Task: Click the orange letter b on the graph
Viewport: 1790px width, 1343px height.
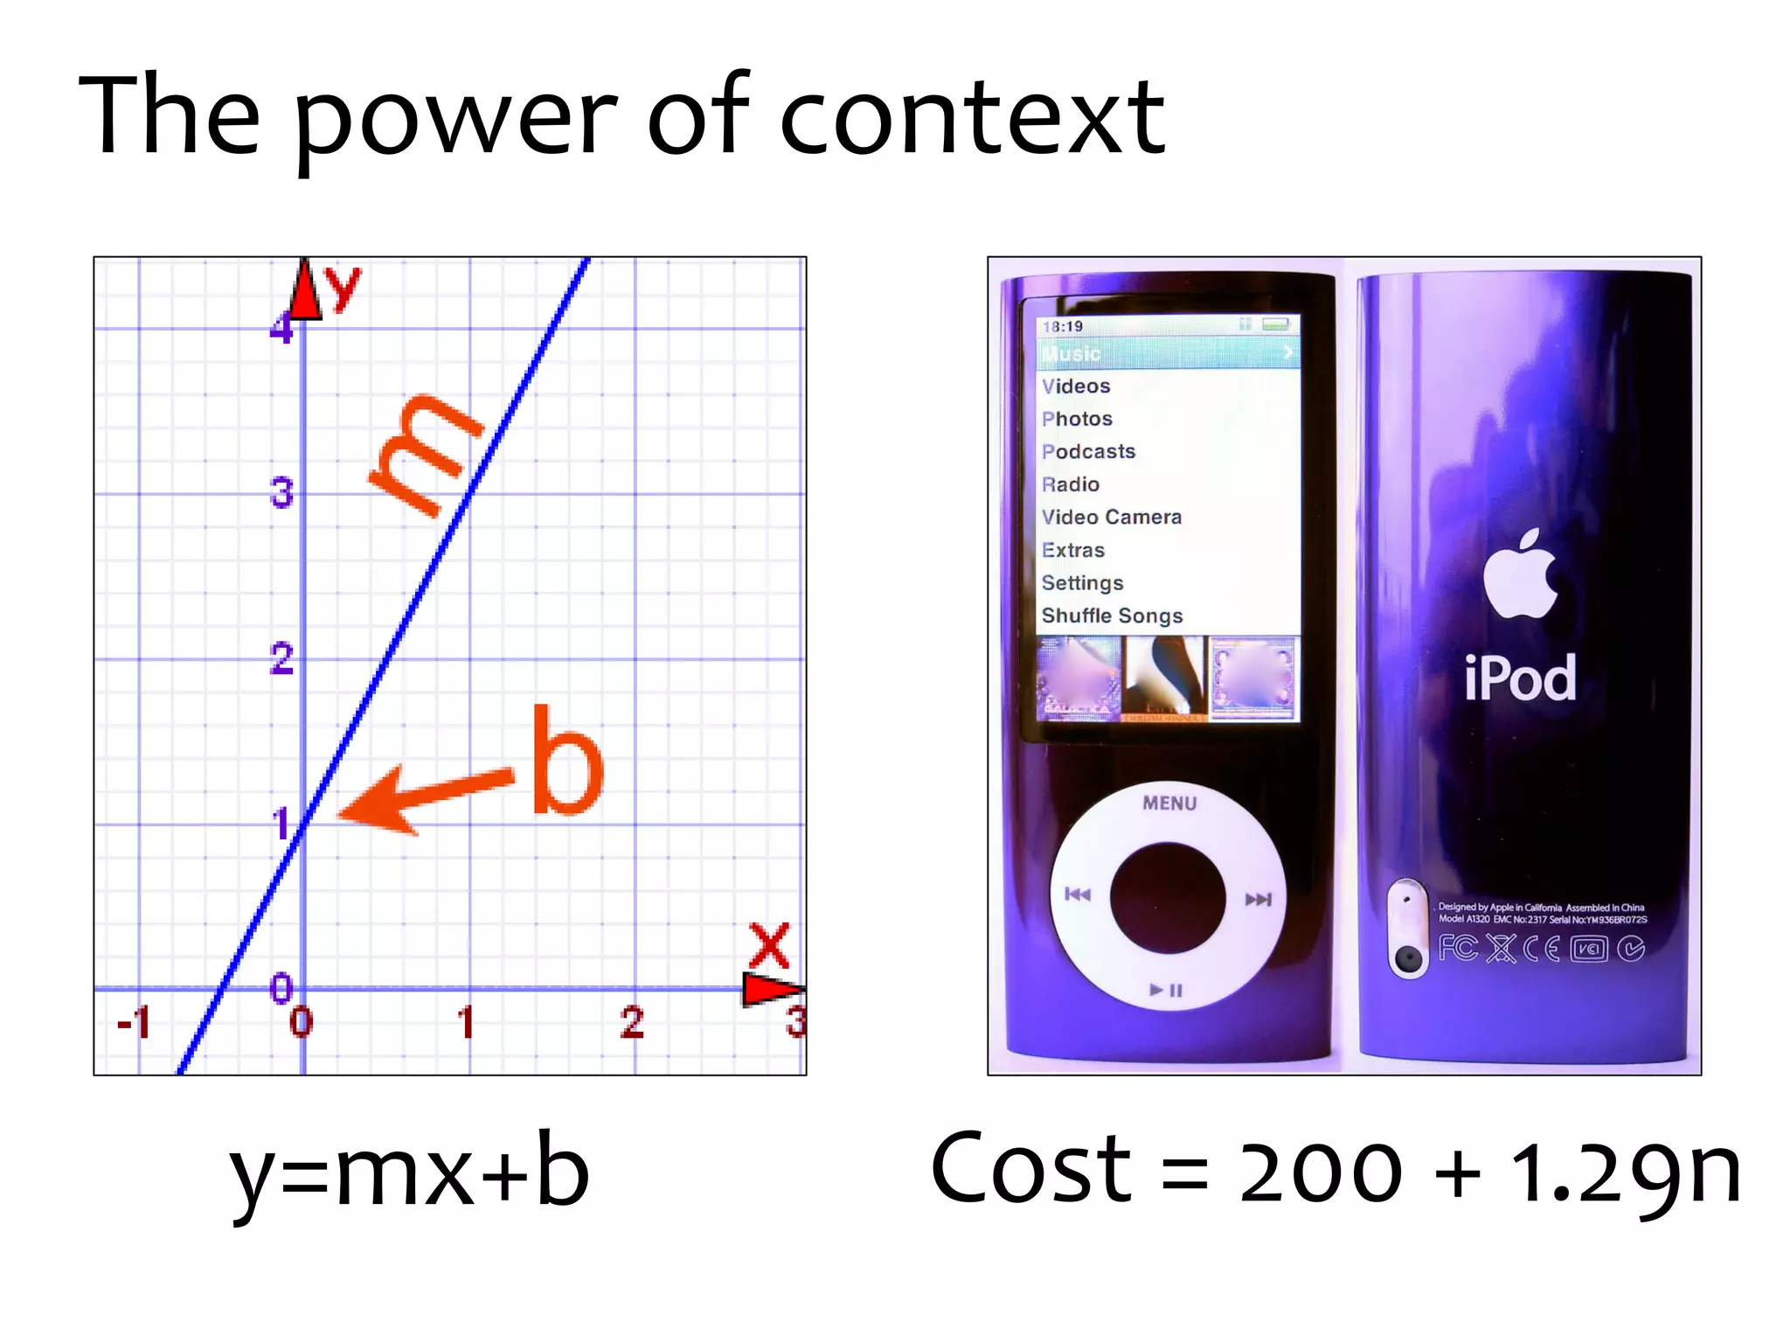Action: coord(566,761)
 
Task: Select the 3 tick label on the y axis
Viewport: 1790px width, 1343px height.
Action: coord(281,493)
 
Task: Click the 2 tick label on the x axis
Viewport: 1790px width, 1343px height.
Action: coord(632,1022)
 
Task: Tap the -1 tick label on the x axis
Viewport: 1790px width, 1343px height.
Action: coord(135,1021)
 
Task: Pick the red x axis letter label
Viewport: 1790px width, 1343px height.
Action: coord(770,945)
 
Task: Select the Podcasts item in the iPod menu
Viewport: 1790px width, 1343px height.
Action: coord(1089,452)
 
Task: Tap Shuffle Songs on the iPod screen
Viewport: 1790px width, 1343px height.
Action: coord(1112,616)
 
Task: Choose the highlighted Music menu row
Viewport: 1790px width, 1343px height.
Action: coord(1168,353)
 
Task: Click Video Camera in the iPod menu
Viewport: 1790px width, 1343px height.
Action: coord(1111,518)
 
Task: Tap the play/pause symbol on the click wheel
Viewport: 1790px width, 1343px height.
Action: coord(1166,991)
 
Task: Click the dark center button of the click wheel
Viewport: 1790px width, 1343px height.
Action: coord(1167,897)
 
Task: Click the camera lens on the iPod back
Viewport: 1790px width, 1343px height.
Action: coord(1407,959)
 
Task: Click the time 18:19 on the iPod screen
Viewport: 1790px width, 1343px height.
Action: coord(1063,327)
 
